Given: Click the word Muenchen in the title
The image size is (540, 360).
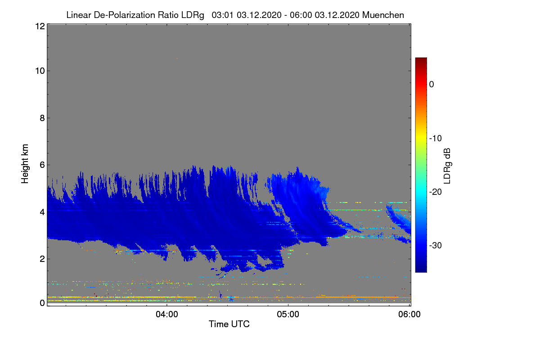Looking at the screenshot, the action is [x=383, y=15].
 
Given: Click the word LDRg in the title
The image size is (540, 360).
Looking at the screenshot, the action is [x=193, y=15].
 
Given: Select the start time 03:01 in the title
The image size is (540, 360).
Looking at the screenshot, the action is [x=222, y=15].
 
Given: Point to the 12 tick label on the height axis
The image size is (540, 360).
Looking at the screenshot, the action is [x=40, y=26].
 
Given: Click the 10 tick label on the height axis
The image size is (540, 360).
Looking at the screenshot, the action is [x=40, y=71].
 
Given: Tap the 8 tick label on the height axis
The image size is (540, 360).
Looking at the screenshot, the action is [x=42, y=118].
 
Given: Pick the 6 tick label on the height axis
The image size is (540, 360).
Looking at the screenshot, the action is [x=42, y=165].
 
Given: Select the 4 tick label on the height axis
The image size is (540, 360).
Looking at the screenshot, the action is [x=42, y=212].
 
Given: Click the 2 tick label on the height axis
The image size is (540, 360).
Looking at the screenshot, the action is [x=42, y=259].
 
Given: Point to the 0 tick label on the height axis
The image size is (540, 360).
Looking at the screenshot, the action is [x=42, y=303].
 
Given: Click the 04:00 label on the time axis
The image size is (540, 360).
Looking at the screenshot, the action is [x=167, y=315].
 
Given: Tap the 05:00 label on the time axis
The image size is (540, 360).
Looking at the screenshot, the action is [x=288, y=315].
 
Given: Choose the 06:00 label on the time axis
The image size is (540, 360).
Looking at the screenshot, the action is [x=409, y=315].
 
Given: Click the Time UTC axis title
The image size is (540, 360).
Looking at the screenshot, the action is [x=229, y=324].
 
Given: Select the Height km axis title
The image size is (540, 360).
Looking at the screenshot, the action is [x=25, y=164].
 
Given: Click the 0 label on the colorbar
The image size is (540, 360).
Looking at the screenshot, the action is [x=432, y=85].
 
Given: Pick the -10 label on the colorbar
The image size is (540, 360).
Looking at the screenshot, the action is [x=436, y=139].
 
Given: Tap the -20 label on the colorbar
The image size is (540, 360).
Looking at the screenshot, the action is [x=436, y=192].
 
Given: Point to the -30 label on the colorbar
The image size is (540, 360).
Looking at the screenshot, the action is [x=436, y=245].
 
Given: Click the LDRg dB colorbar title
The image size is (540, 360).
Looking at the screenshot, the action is [x=447, y=166].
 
